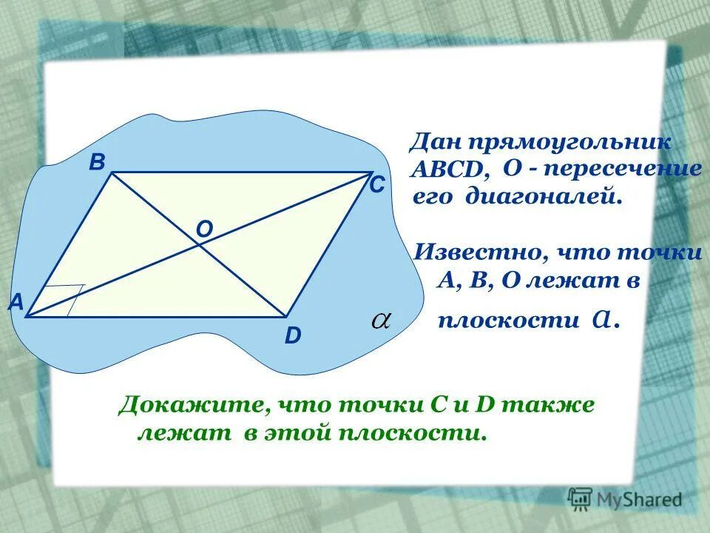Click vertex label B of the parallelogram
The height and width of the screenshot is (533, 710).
pyautogui.click(x=97, y=163)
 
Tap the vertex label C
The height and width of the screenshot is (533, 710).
pyautogui.click(x=377, y=186)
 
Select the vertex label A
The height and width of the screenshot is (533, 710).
pyautogui.click(x=16, y=302)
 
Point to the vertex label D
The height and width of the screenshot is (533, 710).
pyautogui.click(x=293, y=337)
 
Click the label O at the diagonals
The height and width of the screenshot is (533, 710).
pyautogui.click(x=204, y=231)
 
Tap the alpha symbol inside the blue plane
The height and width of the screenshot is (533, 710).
pyautogui.click(x=381, y=321)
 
